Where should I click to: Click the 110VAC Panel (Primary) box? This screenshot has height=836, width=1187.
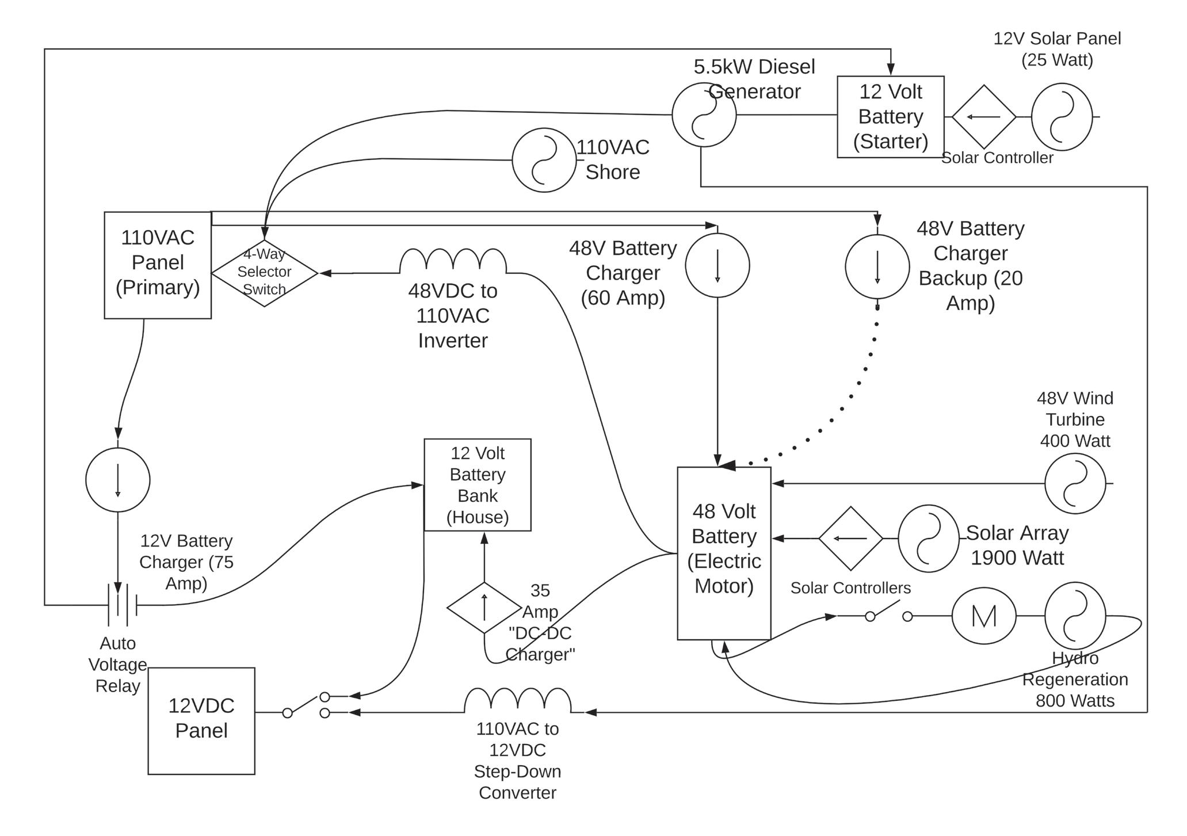pos(157,265)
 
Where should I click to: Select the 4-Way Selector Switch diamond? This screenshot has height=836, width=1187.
pos(264,273)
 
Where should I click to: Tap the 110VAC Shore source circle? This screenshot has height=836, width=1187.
pos(544,160)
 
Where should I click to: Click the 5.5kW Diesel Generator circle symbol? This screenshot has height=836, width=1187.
pos(704,114)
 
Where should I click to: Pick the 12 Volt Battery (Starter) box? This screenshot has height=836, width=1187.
pos(890,117)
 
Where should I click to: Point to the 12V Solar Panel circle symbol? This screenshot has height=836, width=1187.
pos(1062,117)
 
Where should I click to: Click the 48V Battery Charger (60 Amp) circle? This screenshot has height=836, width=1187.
pos(717,265)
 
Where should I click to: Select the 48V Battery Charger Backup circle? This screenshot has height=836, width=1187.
pos(877,266)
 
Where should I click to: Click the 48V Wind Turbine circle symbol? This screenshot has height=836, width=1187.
pos(1075,483)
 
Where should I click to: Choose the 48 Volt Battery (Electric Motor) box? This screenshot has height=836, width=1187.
pos(724,553)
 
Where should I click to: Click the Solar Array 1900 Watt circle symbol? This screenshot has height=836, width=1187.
pos(928,539)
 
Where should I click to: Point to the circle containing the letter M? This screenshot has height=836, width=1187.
pos(983,616)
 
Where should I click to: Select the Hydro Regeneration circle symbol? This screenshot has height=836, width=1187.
pos(1075,616)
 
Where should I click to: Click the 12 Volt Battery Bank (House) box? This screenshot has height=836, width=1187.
pos(477,484)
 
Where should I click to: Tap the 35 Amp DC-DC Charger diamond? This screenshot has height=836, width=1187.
pos(484,608)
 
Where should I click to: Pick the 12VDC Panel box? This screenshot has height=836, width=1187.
pos(201,720)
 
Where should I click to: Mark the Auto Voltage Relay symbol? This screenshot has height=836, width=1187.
pos(122,605)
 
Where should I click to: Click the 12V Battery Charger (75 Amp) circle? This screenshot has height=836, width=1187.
pos(117,479)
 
